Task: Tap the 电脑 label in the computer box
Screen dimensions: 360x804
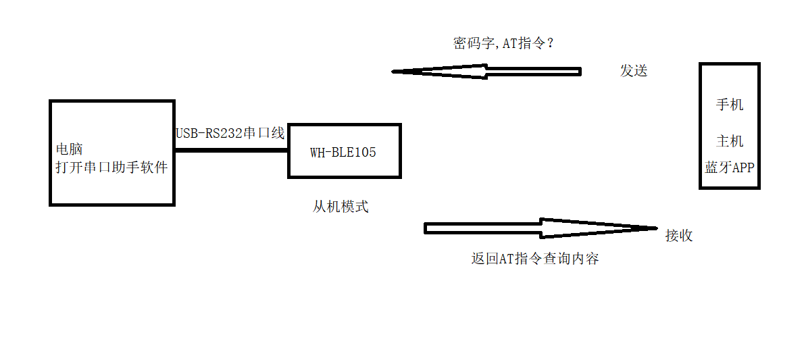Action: pyautogui.click(x=69, y=149)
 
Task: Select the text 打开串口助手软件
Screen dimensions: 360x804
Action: pyautogui.click(x=111, y=167)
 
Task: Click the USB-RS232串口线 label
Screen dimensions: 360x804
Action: pyautogui.click(x=230, y=133)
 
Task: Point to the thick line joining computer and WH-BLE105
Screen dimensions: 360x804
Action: pyautogui.click(x=231, y=150)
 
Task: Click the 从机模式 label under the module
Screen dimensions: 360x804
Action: pyautogui.click(x=341, y=207)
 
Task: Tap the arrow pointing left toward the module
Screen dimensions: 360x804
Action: pyautogui.click(x=486, y=72)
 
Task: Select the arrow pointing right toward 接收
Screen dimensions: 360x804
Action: pyautogui.click(x=541, y=228)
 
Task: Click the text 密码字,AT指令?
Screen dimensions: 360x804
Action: pyautogui.click(x=505, y=44)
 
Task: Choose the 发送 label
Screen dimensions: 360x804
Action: pyautogui.click(x=634, y=70)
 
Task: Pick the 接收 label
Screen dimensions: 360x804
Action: pyautogui.click(x=679, y=235)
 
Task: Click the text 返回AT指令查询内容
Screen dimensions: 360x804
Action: pyautogui.click(x=535, y=259)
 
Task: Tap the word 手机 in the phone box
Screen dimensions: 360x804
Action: pyautogui.click(x=730, y=105)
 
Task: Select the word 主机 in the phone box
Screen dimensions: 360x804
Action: pyautogui.click(x=730, y=140)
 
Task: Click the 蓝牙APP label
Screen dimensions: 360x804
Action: pyautogui.click(x=729, y=168)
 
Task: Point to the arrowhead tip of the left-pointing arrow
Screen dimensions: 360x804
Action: pyautogui.click(x=394, y=72)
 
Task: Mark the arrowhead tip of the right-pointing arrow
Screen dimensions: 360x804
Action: pyautogui.click(x=656, y=228)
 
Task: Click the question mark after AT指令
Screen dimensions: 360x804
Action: pyautogui.click(x=551, y=44)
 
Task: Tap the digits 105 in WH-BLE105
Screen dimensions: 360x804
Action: pyautogui.click(x=365, y=152)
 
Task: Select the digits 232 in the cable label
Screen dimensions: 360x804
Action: pyautogui.click(x=231, y=133)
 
